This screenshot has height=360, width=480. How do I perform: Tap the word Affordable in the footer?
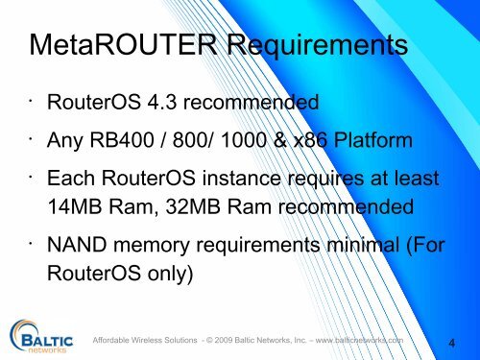click(115, 339)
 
